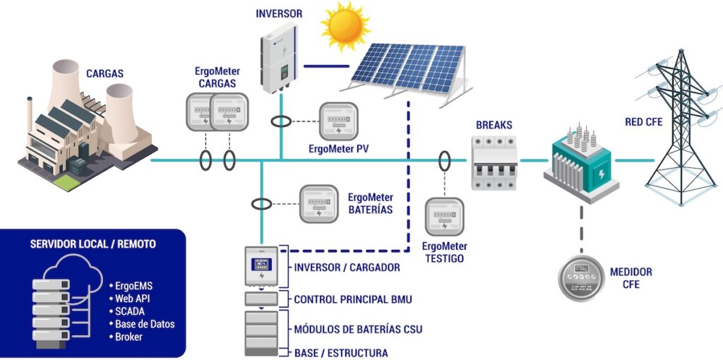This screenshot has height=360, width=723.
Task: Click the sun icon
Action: click(345, 26)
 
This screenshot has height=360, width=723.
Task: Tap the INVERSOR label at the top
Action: click(279, 14)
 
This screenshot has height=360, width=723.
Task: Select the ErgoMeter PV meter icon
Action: click(339, 121)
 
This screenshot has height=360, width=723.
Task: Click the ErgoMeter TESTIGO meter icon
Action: click(445, 217)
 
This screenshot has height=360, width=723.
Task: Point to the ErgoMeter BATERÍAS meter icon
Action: click(318, 204)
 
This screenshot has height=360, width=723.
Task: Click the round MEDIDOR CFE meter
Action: click(581, 278)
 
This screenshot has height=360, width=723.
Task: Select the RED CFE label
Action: click(644, 123)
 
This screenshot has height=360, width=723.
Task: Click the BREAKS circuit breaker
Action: click(494, 163)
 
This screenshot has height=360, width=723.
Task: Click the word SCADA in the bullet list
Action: click(130, 311)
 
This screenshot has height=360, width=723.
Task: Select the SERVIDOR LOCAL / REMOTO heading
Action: click(93, 244)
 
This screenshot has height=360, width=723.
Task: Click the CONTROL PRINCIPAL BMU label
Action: click(353, 299)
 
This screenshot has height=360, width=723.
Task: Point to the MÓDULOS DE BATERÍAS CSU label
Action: click(358, 330)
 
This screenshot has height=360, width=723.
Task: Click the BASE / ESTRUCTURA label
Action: click(341, 354)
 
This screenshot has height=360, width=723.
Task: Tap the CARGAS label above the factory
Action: click(104, 73)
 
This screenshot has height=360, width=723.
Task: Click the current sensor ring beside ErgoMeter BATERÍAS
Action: click(261, 204)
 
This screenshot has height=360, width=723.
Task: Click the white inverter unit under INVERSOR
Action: click(279, 59)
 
